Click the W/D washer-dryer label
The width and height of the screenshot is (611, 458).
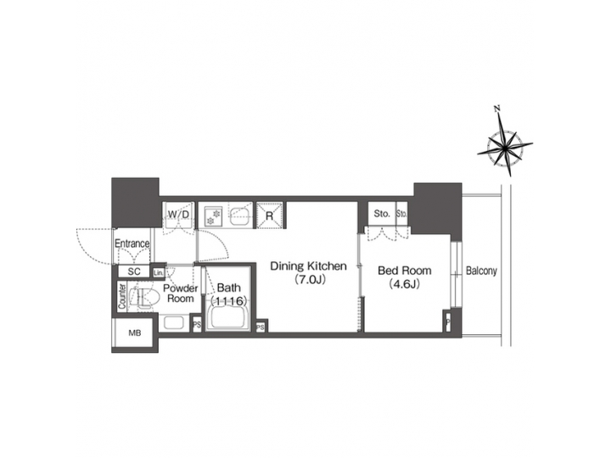(x=178, y=214)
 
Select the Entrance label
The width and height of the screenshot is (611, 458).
(x=132, y=244)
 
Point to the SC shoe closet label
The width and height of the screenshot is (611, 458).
(x=133, y=271)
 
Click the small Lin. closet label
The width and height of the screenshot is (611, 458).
(x=159, y=272)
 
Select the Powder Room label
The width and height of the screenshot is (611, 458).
(x=180, y=293)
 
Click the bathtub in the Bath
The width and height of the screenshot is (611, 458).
(x=227, y=318)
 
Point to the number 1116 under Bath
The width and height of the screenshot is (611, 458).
(x=229, y=301)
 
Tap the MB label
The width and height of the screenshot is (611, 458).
(x=133, y=333)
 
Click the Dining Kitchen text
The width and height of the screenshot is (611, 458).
(x=308, y=266)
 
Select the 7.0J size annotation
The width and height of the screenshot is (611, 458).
(x=308, y=279)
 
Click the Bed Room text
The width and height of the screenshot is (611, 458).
(x=405, y=271)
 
